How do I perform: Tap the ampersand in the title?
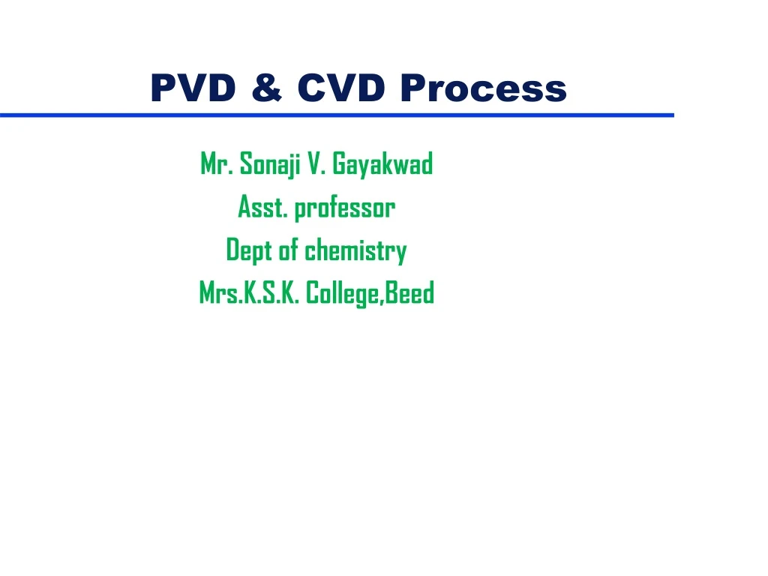pos(267,88)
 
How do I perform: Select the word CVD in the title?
pos(340,88)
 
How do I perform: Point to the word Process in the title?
pos(483,88)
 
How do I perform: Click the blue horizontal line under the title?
pos(337,115)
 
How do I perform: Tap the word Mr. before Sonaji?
pos(217,163)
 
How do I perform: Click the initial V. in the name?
pos(316,163)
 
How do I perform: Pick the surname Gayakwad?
pos(382,163)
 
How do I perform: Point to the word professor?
pos(344,208)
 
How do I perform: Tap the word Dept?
pos(248,250)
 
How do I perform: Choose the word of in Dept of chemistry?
pos(289,250)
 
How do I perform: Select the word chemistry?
pos(355,250)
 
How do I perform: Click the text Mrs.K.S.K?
pos(250,293)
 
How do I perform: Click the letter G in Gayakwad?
pos(338,163)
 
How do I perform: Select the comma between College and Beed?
pos(385,301)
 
